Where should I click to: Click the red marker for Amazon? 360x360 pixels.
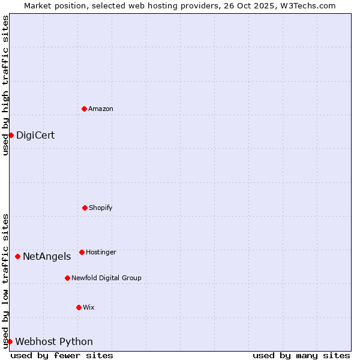click(x=84, y=109)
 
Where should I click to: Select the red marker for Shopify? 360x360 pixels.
click(x=85, y=208)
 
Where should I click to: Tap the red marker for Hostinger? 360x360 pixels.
click(x=82, y=252)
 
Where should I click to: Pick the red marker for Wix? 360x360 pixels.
click(x=79, y=307)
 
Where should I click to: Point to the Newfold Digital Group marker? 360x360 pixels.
click(x=67, y=278)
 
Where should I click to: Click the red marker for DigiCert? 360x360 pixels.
click(x=11, y=135)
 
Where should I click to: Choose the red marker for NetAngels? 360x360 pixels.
click(x=17, y=256)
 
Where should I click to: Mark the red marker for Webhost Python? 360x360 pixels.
click(x=10, y=341)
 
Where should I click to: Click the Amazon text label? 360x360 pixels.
click(x=101, y=109)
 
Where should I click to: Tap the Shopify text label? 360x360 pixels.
click(x=101, y=208)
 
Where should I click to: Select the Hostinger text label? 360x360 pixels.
click(x=101, y=252)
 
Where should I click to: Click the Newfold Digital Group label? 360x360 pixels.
click(x=106, y=278)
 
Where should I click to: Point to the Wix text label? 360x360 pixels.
click(x=89, y=307)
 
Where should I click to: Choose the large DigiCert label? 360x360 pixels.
click(x=35, y=135)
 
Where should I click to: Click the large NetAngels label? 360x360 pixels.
click(x=47, y=256)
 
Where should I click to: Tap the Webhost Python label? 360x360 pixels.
click(x=54, y=341)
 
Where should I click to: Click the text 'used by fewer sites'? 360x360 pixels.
click(x=62, y=355)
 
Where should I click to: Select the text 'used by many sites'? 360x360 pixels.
click(x=301, y=355)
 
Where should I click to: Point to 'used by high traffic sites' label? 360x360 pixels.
click(x=5, y=86)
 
